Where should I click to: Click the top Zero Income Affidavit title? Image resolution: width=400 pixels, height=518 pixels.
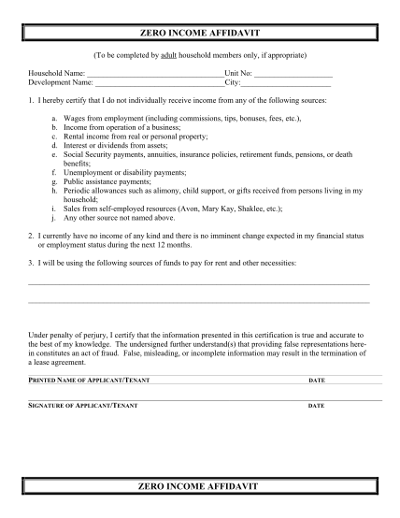point(200,33)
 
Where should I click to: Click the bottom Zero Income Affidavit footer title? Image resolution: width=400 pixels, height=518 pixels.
point(200,488)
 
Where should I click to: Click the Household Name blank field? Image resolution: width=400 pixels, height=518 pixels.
point(154,73)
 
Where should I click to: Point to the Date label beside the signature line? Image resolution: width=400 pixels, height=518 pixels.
point(316,406)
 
